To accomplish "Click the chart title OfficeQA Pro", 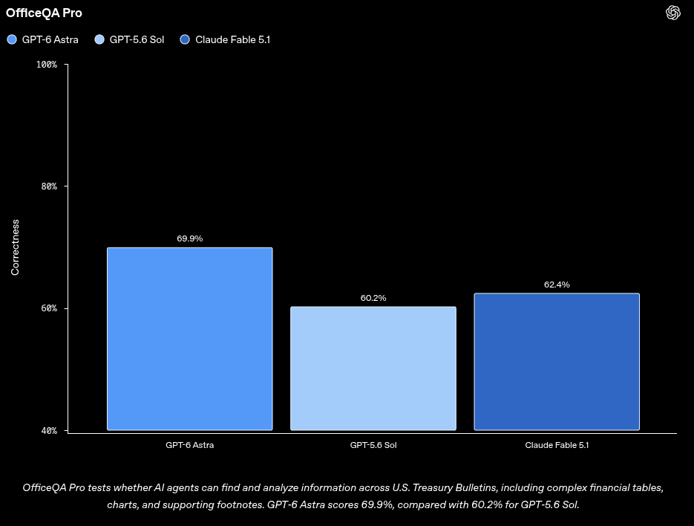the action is (x=44, y=13).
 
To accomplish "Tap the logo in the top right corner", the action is (x=672, y=13).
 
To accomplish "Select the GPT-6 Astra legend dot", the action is (x=12, y=39).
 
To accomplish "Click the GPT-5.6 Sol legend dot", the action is (x=99, y=39).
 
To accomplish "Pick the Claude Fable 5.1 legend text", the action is (x=233, y=39).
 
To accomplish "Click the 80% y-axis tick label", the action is (x=49, y=186).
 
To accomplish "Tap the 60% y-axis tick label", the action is (x=49, y=308).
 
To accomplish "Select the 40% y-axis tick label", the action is (x=49, y=431).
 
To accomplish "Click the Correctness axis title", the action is (x=15, y=247).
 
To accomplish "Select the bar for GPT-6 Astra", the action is (x=190, y=339).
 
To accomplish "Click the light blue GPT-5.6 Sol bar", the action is (x=373, y=368).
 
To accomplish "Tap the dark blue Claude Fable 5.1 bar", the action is (x=557, y=362).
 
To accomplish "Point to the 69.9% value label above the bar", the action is (x=190, y=238).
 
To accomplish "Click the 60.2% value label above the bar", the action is (x=373, y=298).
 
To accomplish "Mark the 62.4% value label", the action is (x=557, y=285).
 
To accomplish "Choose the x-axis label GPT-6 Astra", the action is (x=190, y=445).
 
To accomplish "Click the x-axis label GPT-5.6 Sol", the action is (x=373, y=445).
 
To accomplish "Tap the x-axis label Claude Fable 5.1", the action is (x=557, y=445).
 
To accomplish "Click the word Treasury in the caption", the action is (x=431, y=487).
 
